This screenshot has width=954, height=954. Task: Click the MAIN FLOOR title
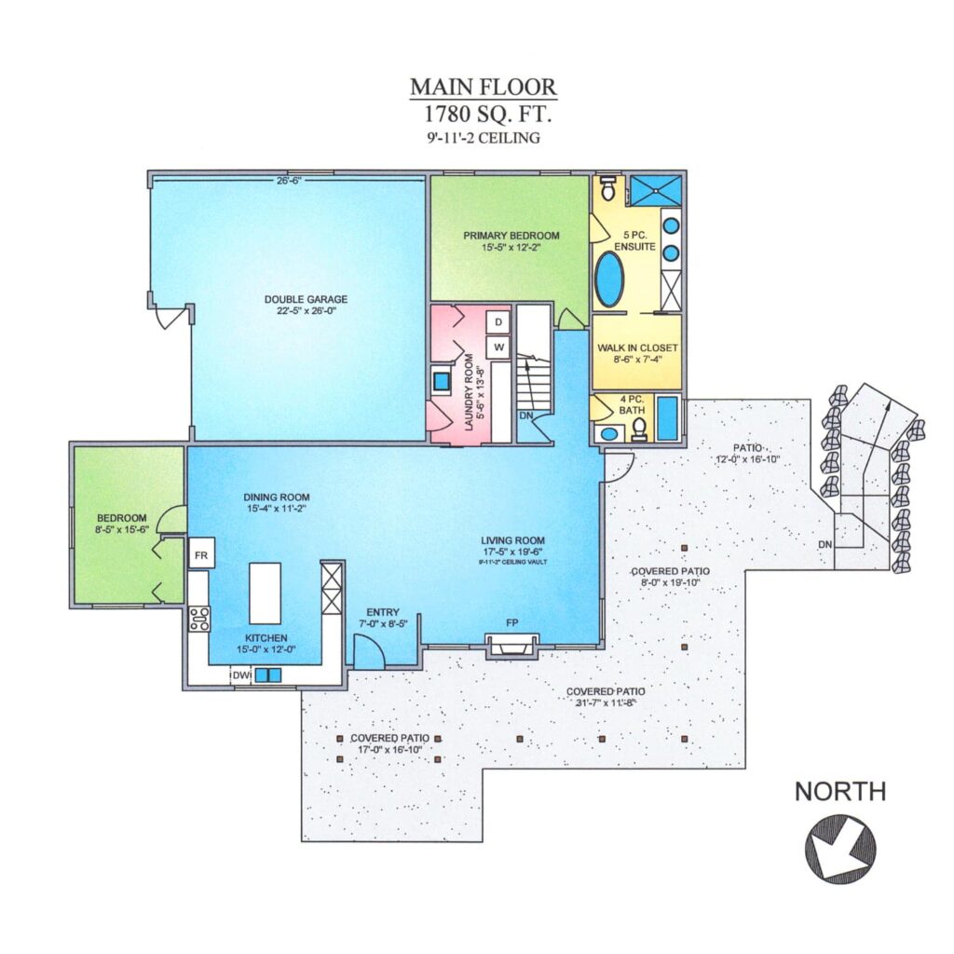[x=484, y=87]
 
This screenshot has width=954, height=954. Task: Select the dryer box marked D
[x=498, y=321]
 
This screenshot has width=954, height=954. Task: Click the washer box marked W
[x=498, y=348]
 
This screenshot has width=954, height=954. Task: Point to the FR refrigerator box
[x=201, y=555]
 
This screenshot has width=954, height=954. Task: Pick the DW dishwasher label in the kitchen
[x=241, y=675]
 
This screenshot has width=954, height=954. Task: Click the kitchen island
[x=266, y=593]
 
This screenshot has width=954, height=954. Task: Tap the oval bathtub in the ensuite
[x=609, y=279]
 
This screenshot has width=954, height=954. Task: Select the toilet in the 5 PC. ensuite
[x=607, y=188]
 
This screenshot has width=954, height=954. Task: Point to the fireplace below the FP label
[x=511, y=645]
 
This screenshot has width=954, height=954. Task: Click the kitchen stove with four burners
[x=199, y=619]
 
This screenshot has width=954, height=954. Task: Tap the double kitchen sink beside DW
[x=267, y=675]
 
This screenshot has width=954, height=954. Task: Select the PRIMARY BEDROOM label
[x=511, y=236]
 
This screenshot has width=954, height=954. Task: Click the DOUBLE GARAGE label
[x=306, y=299]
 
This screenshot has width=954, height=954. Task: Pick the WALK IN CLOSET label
[x=637, y=348]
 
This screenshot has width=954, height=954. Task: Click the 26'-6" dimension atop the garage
[x=290, y=180]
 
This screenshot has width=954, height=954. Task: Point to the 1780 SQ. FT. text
[x=484, y=114]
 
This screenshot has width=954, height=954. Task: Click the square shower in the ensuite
[x=655, y=189]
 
